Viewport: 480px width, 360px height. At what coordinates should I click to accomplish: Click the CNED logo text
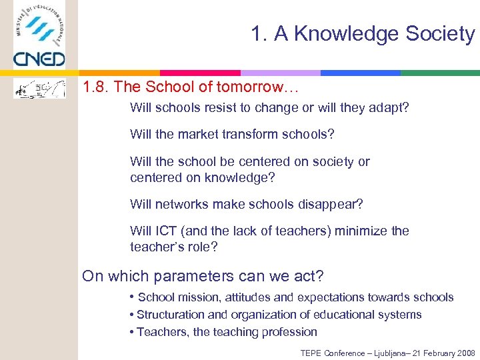coord(39,59)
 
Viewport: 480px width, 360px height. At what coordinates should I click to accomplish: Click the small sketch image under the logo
coord(39,87)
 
